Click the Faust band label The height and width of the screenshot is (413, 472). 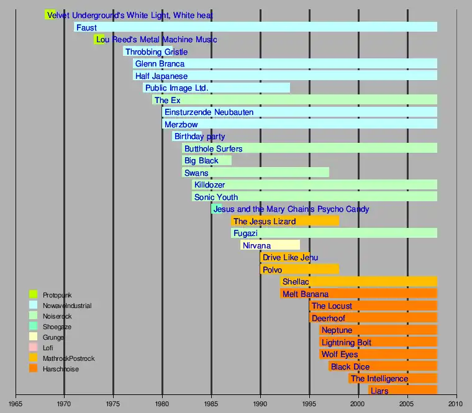[x=86, y=27]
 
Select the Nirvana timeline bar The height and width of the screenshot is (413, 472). [x=271, y=245]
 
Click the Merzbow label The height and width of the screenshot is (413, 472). [x=181, y=124]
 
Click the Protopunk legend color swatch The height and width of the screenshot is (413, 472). [x=34, y=294]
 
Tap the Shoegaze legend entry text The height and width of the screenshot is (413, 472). [x=57, y=327]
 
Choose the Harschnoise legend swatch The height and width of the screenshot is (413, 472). [x=34, y=370]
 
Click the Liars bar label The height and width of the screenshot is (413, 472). [x=379, y=391]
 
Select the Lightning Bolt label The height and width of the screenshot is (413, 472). [x=347, y=342]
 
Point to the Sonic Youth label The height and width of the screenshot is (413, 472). [x=216, y=197]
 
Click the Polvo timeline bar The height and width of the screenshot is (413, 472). [x=299, y=270]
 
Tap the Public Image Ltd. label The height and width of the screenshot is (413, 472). [x=176, y=88]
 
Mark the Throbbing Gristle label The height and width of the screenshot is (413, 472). [x=156, y=52]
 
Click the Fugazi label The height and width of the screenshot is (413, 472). [x=245, y=234]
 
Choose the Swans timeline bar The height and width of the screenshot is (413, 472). [x=255, y=173]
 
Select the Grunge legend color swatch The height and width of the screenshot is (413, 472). [x=34, y=337]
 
